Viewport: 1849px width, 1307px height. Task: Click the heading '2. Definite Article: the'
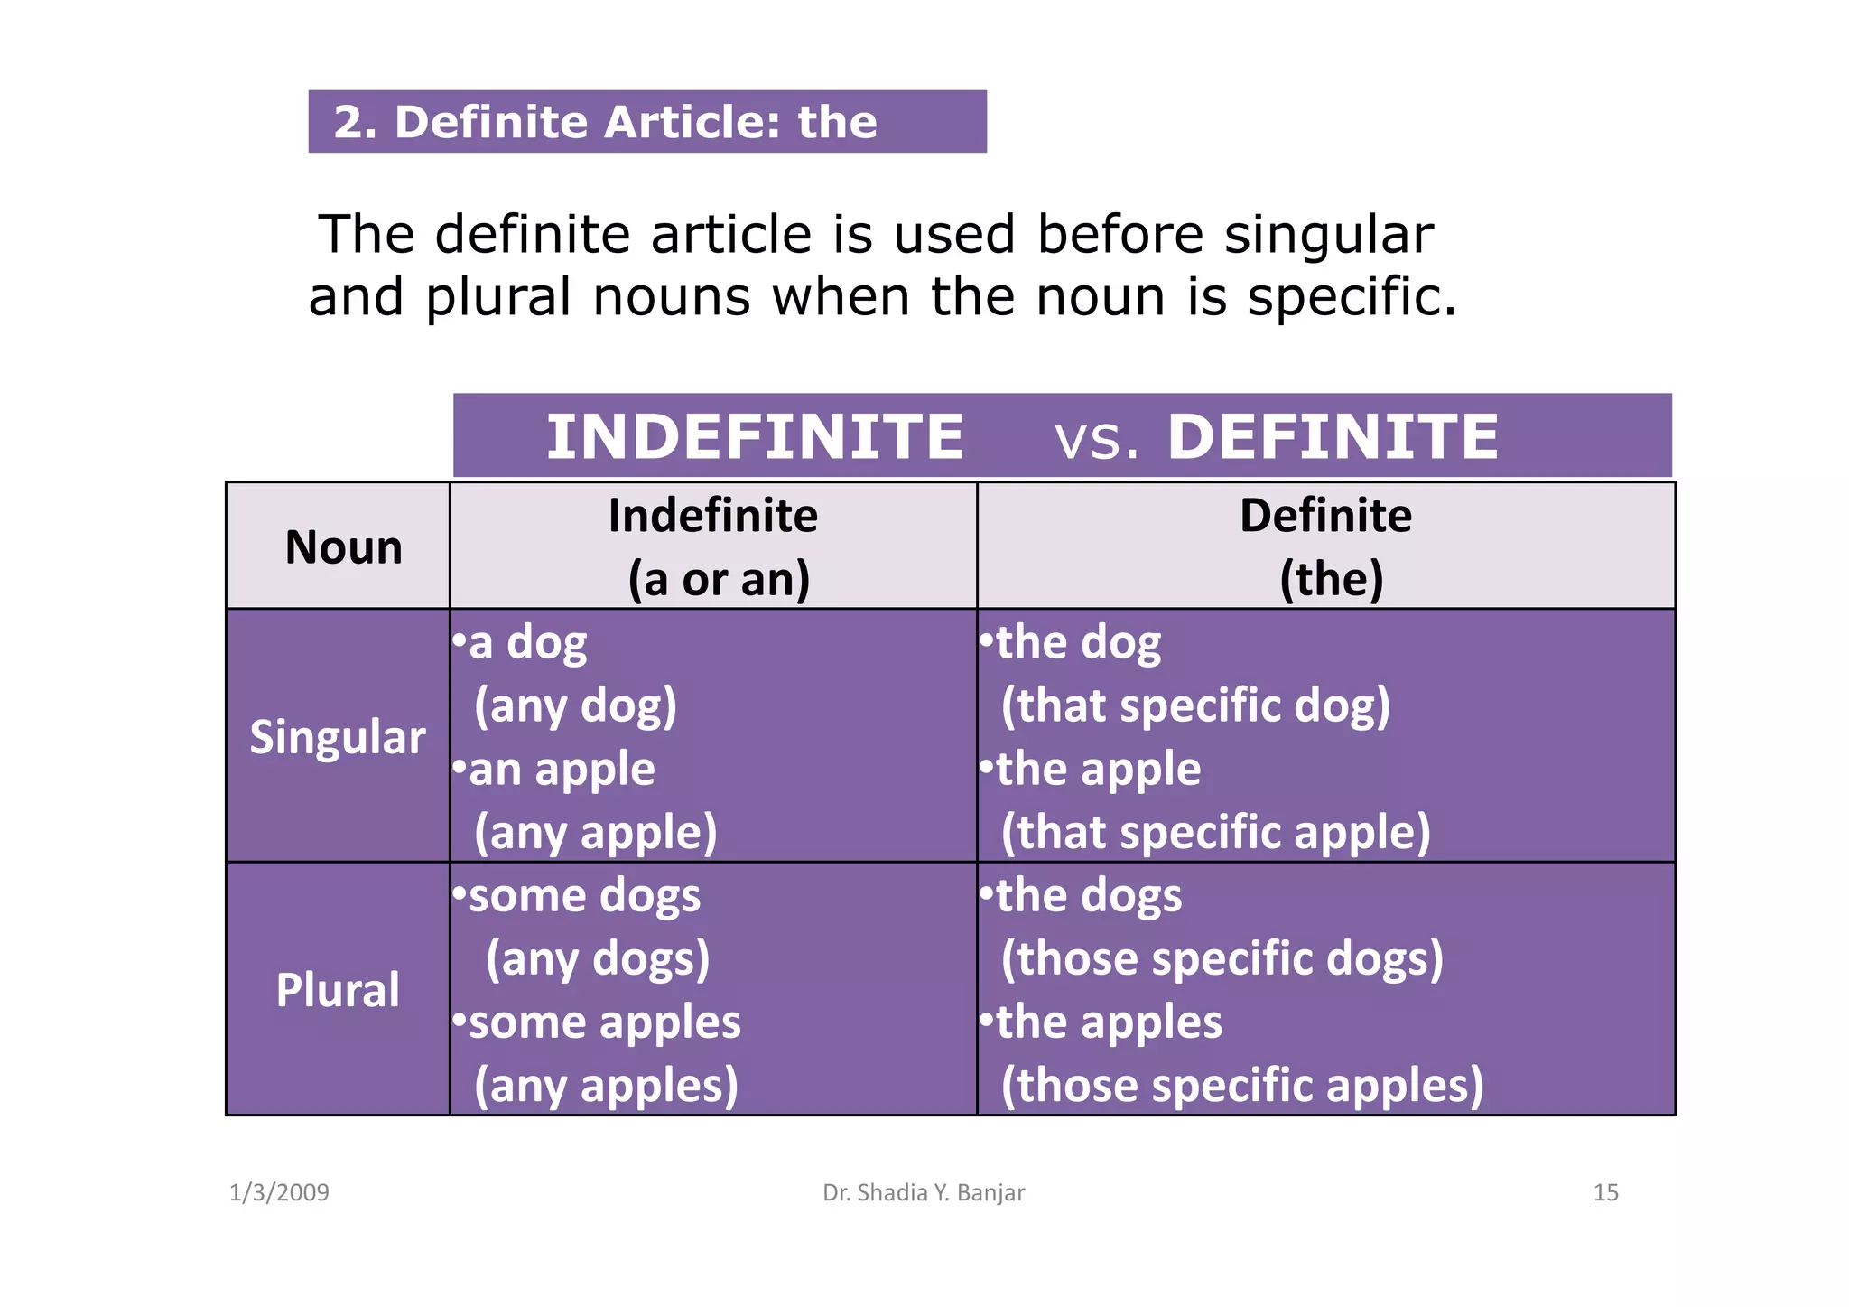click(605, 122)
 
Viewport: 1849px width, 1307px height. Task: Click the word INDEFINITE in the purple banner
click(755, 437)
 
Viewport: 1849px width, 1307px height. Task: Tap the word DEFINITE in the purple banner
click(1333, 437)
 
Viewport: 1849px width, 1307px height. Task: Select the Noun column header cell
click(343, 547)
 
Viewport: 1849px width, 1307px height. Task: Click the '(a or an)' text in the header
click(719, 579)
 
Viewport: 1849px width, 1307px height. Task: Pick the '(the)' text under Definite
click(1331, 579)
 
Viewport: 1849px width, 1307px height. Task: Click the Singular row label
click(338, 737)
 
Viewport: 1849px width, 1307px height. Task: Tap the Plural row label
click(338, 990)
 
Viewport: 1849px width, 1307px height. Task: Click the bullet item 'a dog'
click(527, 643)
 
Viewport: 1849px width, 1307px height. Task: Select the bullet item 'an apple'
click(561, 770)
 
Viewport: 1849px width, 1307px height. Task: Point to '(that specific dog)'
click(1195, 705)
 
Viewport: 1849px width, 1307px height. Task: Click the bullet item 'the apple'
click(1098, 770)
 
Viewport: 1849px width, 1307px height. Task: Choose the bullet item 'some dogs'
click(584, 896)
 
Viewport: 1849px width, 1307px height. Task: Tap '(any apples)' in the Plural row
click(606, 1085)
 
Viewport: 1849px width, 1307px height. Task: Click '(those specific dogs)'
click(1222, 958)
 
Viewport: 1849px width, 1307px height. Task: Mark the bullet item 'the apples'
click(1109, 1022)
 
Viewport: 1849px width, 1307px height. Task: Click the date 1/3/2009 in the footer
click(279, 1192)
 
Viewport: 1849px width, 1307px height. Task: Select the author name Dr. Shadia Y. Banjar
click(924, 1192)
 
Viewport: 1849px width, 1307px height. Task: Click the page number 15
click(1605, 1192)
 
